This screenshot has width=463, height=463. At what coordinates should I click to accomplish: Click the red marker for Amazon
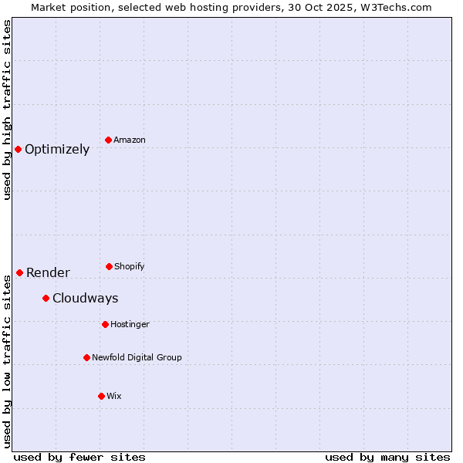pyautogui.click(x=109, y=140)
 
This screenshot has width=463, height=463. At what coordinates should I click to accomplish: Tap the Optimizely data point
pyautogui.click(x=18, y=149)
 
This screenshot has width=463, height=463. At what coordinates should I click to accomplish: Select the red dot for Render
pyautogui.click(x=19, y=272)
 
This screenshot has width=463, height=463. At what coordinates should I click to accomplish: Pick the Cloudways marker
pyautogui.click(x=46, y=298)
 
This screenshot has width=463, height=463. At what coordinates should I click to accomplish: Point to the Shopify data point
pyautogui.click(x=109, y=266)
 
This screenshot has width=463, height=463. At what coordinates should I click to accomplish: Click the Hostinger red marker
pyautogui.click(x=105, y=324)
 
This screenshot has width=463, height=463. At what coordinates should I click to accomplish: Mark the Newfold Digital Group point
pyautogui.click(x=86, y=357)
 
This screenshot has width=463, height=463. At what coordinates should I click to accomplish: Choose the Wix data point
pyautogui.click(x=101, y=396)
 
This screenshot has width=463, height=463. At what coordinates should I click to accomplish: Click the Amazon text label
pyautogui.click(x=130, y=140)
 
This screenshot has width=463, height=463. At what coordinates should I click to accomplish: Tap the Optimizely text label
pyautogui.click(x=57, y=150)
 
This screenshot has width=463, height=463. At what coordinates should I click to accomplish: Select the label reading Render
pyautogui.click(x=48, y=272)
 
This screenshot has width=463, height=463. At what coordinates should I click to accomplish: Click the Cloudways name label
pyautogui.click(x=85, y=299)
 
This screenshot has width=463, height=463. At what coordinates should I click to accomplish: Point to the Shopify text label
pyautogui.click(x=130, y=266)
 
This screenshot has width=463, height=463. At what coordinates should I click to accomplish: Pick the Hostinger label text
pyautogui.click(x=130, y=324)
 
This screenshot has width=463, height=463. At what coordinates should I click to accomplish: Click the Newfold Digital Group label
pyautogui.click(x=137, y=357)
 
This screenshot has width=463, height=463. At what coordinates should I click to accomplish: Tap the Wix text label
pyautogui.click(x=114, y=396)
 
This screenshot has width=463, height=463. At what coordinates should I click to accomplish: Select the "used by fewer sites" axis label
pyautogui.click(x=79, y=457)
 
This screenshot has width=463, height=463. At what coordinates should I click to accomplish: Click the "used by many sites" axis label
pyautogui.click(x=387, y=457)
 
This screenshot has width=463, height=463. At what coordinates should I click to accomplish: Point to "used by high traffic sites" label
pyautogui.click(x=7, y=110)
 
